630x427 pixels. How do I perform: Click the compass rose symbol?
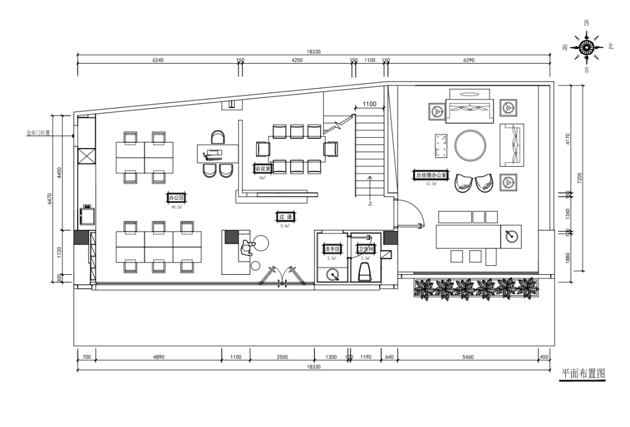click(586, 47)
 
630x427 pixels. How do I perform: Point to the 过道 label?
click(285, 217)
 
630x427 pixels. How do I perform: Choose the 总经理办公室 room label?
click(431, 175)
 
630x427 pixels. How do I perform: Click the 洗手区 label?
click(332, 250)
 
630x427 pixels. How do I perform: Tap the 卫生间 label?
click(367, 250)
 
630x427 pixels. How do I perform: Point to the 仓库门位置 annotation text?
click(38, 133)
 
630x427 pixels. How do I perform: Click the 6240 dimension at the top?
click(157, 61)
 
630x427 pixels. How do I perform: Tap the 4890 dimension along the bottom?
click(158, 356)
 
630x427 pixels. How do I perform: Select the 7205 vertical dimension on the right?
click(579, 178)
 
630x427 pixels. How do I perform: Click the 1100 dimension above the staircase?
click(369, 105)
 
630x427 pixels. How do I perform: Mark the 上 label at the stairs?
click(369, 204)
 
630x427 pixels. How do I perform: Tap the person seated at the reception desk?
click(246, 247)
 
